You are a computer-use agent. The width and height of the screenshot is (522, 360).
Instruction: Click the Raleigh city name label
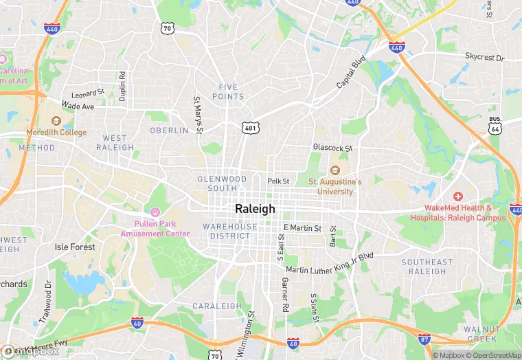[x=255, y=209]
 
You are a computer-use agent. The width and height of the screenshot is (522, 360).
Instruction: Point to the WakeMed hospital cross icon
[x=458, y=196]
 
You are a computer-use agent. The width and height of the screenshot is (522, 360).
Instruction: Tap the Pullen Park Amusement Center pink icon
[x=155, y=212]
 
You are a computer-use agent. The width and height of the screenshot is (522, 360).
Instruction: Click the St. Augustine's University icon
[x=334, y=170]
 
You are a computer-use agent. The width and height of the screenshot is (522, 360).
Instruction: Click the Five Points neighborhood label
[x=231, y=91]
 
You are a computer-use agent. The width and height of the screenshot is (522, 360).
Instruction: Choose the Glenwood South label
[x=222, y=183]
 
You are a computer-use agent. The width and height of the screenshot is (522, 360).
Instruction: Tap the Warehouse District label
[x=230, y=231]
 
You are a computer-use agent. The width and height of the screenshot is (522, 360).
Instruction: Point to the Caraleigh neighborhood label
[x=217, y=306]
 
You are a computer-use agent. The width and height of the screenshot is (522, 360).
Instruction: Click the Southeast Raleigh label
[x=427, y=267]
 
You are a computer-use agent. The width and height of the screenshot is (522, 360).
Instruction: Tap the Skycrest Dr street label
[x=484, y=56]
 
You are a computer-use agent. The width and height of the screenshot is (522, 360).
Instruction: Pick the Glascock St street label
[x=332, y=148]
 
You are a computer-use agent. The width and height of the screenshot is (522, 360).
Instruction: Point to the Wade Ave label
[x=78, y=106]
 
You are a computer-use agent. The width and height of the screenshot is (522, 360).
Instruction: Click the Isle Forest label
[x=76, y=247]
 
